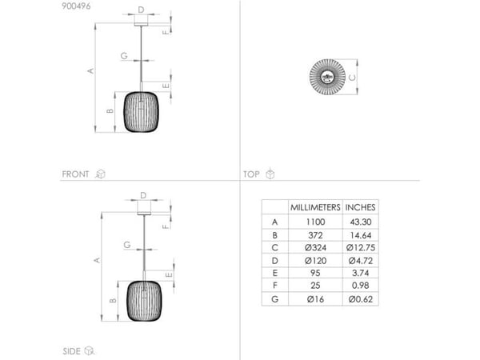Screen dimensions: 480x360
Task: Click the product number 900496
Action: coord(76,6)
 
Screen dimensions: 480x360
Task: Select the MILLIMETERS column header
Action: coord(315,207)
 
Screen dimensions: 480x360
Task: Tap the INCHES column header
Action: coord(360,207)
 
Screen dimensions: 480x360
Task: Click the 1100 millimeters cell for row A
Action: coord(315,222)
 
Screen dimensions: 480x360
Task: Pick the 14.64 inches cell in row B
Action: coord(361,235)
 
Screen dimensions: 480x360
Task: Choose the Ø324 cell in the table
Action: coord(315,248)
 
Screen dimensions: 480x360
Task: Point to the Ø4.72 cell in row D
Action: coord(361,261)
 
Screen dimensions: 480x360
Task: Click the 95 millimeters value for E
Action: coord(315,273)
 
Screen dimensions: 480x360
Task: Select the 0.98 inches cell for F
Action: coord(361,286)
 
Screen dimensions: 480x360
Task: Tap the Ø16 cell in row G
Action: coord(315,299)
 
